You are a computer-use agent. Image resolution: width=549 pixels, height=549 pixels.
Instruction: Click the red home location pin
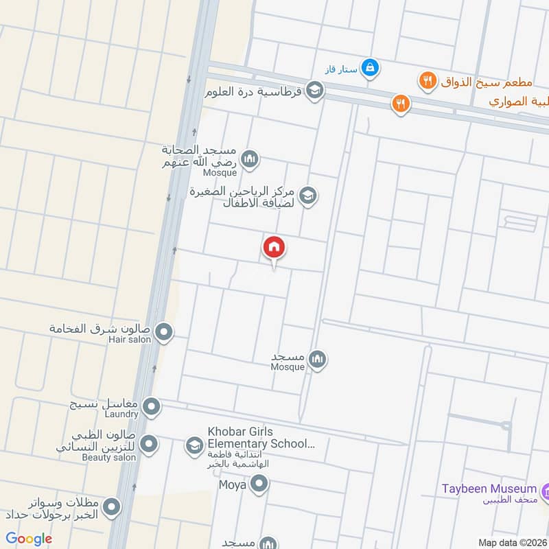point(274,248)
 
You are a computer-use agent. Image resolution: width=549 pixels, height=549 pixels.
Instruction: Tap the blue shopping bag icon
point(370,67)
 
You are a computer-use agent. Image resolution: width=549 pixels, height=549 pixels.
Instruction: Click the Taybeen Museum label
point(489,489)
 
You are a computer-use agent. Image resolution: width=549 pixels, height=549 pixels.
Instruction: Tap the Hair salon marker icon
point(164,333)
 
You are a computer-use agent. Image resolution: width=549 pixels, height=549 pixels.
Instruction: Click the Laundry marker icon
point(151,408)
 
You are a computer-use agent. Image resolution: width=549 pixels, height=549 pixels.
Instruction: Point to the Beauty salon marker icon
point(147,444)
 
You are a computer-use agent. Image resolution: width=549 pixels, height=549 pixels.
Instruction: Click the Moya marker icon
point(259,485)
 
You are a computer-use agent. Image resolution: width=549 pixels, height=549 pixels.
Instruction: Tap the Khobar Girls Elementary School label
point(261,437)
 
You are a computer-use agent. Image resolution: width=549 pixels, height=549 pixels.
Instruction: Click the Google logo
point(29,539)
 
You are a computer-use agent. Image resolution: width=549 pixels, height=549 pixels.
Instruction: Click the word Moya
point(232,486)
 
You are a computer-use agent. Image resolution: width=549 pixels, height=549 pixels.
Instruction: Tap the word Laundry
point(121,414)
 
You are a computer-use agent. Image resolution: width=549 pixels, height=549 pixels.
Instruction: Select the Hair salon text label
point(130,339)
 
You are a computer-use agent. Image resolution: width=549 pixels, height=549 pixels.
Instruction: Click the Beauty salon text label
point(109,457)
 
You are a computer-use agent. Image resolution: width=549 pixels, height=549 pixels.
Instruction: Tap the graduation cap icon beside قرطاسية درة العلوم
point(314,91)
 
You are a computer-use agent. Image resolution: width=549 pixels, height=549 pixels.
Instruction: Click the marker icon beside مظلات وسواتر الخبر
point(111,509)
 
